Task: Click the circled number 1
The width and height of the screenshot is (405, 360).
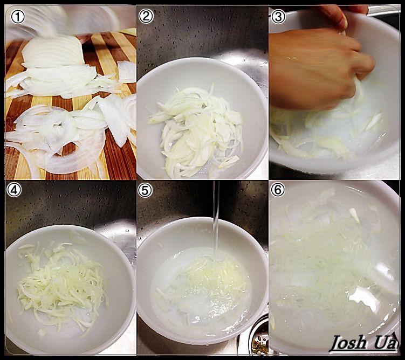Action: (18, 17)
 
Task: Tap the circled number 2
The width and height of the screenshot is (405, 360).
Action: (146, 16)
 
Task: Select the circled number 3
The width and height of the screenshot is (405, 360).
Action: (278, 16)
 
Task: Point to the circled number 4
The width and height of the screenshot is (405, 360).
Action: (14, 190)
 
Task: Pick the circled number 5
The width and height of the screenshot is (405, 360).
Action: (145, 190)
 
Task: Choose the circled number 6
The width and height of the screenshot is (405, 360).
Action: (278, 190)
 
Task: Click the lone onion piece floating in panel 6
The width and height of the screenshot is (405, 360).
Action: (355, 215)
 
